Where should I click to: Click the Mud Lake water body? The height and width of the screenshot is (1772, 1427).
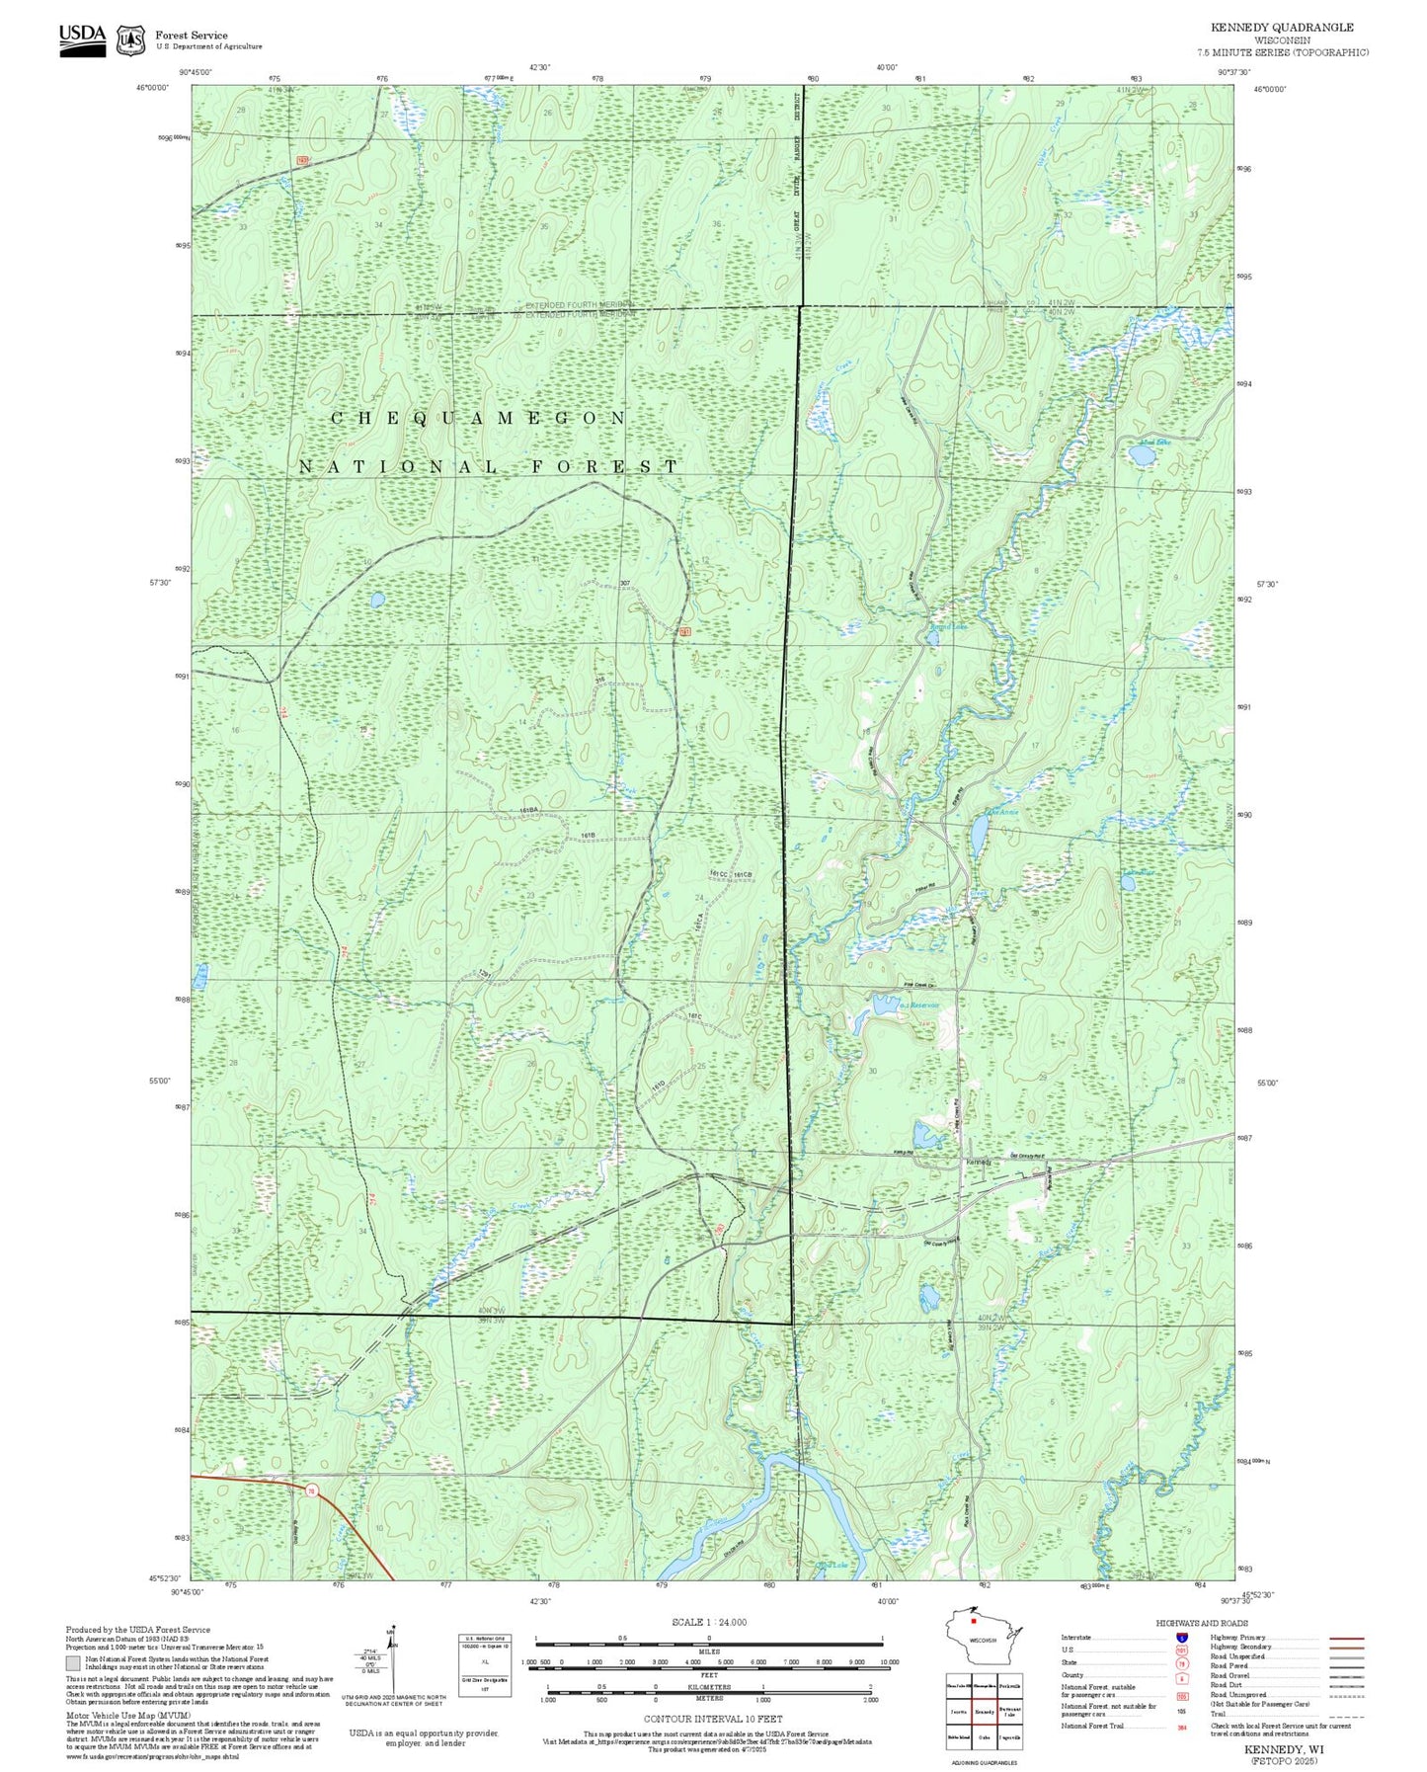coord(1141,455)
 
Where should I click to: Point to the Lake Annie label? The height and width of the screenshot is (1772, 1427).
coord(1000,812)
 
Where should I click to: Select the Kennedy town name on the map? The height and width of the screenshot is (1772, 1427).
coord(978,1162)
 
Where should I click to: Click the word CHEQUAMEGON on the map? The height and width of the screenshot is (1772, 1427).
coord(478,418)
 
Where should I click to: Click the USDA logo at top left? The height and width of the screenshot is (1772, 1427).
coord(82,37)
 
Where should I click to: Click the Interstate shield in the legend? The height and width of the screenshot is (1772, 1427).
coord(1180,1638)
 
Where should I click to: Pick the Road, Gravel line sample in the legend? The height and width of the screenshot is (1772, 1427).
coord(1346,1677)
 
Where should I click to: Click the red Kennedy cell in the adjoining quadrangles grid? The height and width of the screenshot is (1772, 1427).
coord(984,1710)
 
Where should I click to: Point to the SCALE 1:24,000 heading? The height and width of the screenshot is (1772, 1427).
coord(709,1622)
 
